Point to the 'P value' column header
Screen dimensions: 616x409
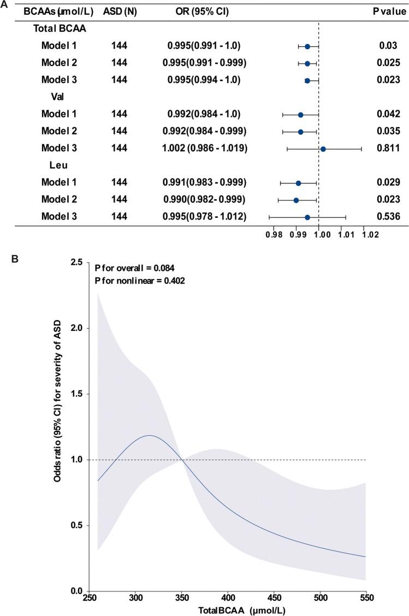point(387,11)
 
